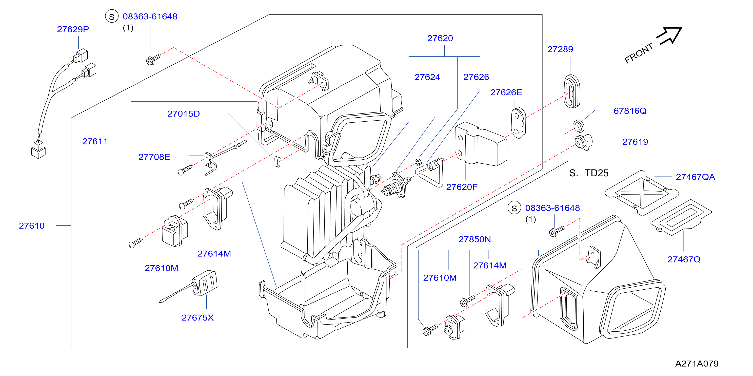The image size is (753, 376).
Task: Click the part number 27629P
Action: point(73,29)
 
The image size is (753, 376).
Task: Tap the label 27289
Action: point(560,49)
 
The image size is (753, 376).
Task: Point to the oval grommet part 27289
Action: point(572,91)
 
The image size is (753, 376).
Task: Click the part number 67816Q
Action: point(630,111)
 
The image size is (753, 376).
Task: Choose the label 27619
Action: point(635,142)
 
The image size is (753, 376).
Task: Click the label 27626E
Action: point(506,92)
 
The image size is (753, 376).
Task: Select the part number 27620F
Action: point(462,187)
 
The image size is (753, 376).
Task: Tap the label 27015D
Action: point(184,114)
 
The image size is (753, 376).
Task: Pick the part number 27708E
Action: point(154,157)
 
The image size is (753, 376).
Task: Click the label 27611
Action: point(95,141)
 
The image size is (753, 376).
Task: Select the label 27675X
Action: point(197,317)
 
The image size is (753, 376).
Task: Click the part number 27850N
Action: point(475,239)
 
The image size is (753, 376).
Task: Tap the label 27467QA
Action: point(696,177)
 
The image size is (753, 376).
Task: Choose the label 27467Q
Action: point(684,259)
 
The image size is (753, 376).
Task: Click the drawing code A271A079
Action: point(697,363)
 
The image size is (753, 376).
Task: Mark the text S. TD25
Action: point(589,173)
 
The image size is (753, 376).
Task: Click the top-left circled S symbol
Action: point(112,16)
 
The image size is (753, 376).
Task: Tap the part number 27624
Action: point(427,77)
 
